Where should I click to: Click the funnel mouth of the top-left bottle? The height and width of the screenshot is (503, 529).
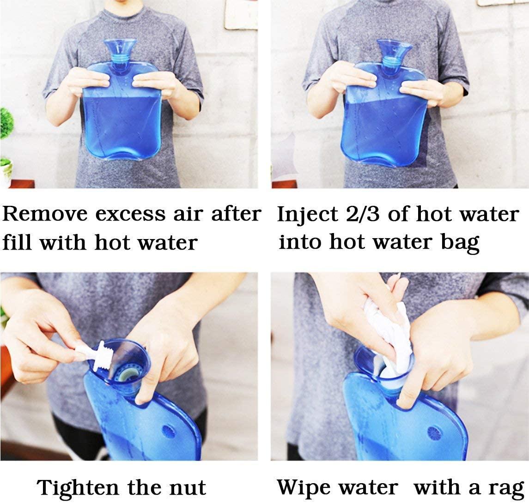pos(120,46)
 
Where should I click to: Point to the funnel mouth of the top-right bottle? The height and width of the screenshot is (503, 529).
pos(394,47)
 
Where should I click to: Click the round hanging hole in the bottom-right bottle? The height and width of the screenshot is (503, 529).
pos(434,434)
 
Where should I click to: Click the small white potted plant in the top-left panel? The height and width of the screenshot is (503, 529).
pos(6,172)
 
